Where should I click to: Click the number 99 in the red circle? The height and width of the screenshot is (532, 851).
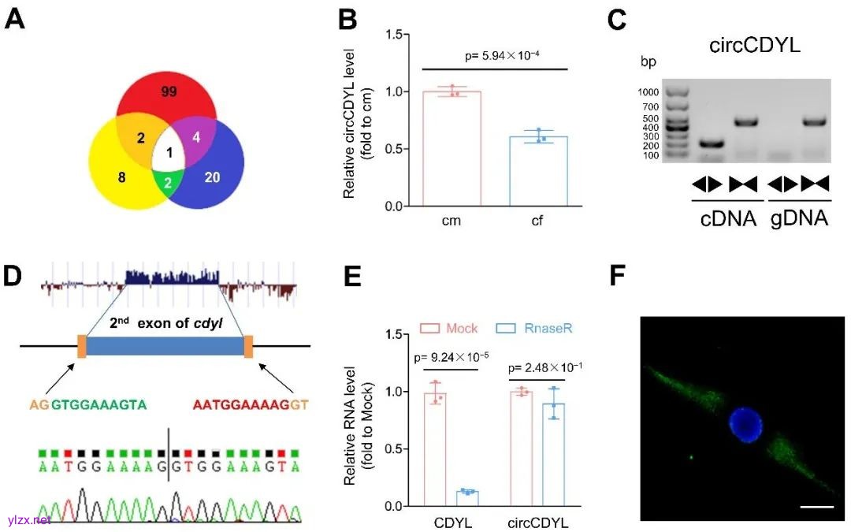pyautogui.click(x=169, y=91)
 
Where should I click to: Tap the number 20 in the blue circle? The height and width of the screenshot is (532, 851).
pyautogui.click(x=213, y=177)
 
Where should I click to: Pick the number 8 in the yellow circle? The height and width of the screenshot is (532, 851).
pyautogui.click(x=121, y=178)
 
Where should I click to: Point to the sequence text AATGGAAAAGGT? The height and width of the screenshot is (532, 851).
pyautogui.click(x=251, y=404)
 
